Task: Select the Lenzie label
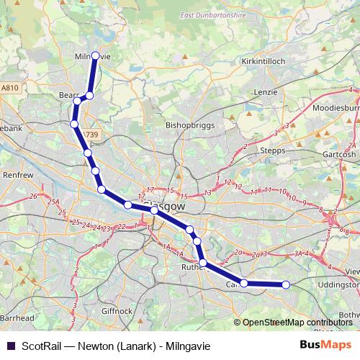coord(266,92)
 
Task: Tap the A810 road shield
coord(9,88)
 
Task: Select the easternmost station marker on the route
coord(286,284)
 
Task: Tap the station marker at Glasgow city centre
coord(154,210)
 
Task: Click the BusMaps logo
coord(325,344)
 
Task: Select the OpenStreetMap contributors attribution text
coord(297,322)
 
